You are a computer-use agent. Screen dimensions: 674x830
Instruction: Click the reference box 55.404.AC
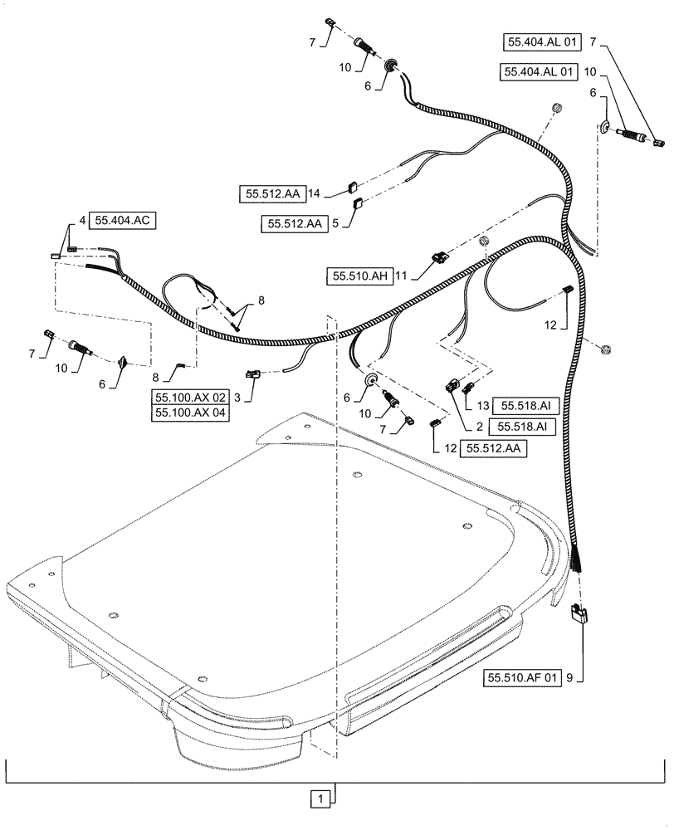coord(123,220)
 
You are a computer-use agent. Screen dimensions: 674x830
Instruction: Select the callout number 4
coord(82,220)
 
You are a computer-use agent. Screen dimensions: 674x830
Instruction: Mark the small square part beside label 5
coord(357,202)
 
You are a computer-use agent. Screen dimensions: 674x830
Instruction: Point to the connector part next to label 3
coord(252,374)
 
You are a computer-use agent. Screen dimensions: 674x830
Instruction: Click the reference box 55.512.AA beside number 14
coord(274,193)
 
